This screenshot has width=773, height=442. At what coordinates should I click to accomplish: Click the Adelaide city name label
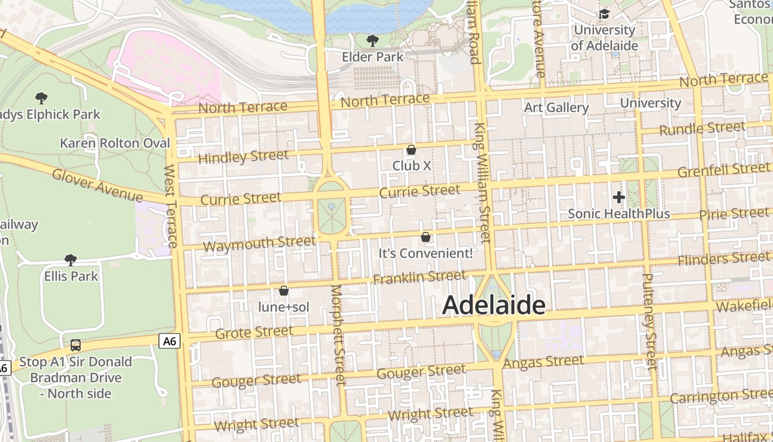click(494, 305)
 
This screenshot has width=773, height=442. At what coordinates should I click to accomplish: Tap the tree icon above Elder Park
click(373, 40)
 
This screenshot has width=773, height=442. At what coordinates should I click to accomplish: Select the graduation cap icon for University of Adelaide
click(605, 13)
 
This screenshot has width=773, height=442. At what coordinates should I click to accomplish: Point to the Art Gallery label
click(556, 107)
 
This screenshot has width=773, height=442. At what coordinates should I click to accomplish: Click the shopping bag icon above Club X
click(411, 150)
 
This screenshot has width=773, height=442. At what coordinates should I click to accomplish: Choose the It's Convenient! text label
click(425, 254)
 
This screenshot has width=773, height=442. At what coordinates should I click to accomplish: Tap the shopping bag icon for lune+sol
click(284, 291)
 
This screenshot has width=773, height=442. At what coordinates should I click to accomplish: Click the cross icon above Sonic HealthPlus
click(619, 197)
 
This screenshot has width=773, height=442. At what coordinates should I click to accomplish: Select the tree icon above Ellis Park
click(70, 260)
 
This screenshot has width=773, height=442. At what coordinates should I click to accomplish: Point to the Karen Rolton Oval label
click(115, 143)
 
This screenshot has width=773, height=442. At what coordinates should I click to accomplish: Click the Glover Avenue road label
click(97, 185)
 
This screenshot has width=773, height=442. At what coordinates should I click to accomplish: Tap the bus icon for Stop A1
click(76, 345)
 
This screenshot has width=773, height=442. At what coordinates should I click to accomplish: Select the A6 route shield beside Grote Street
click(170, 341)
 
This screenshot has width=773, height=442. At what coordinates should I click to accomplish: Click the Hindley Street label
click(243, 157)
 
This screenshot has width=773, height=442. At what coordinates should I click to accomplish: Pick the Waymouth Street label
click(259, 244)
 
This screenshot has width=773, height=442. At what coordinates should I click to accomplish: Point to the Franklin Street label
click(420, 277)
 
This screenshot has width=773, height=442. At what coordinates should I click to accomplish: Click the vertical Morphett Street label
click(338, 335)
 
